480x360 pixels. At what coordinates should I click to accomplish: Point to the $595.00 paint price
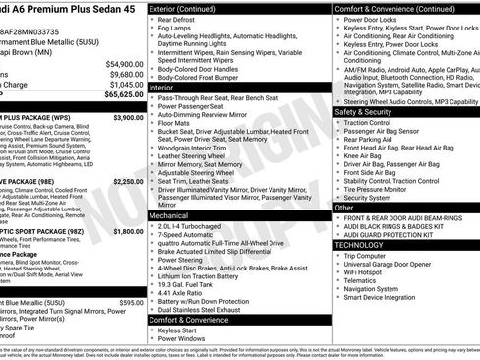click(x=131, y=304)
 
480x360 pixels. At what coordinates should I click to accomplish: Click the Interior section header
click(x=162, y=89)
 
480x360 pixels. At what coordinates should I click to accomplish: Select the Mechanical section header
click(x=169, y=214)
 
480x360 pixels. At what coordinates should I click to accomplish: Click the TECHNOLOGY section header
click(x=368, y=244)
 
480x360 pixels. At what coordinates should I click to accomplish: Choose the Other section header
click(x=344, y=208)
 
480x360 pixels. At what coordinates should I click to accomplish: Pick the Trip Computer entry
click(x=365, y=256)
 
